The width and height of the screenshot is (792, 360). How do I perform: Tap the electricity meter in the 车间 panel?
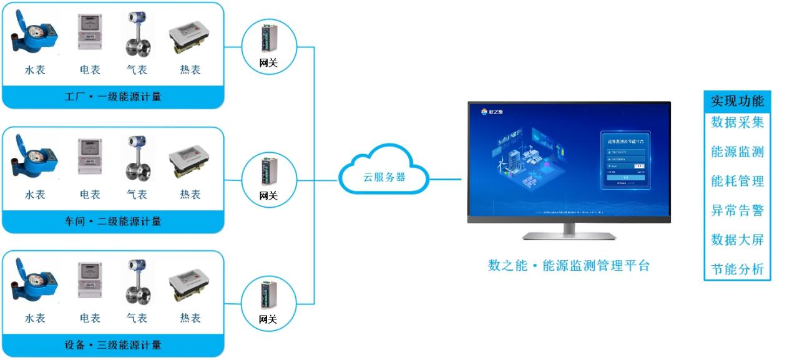coord(90,157)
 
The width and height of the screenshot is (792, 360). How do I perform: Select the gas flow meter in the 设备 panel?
coord(136,282)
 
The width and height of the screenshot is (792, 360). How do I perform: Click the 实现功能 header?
coord(737,101)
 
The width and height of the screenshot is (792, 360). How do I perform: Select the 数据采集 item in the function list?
coord(737,122)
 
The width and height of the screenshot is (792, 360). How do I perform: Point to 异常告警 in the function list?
coord(737,210)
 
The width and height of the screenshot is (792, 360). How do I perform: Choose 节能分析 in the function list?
coord(737,270)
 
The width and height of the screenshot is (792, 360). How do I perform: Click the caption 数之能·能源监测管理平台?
coord(569,266)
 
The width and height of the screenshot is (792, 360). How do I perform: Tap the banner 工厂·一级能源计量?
coord(113,97)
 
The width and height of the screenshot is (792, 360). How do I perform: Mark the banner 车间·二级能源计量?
coord(113,221)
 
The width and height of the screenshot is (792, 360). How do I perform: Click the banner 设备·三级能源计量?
coord(113,345)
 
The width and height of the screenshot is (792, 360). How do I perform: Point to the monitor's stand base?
coord(569,236)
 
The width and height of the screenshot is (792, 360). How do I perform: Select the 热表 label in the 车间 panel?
coord(190,195)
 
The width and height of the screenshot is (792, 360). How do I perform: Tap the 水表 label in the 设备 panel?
coord(35,318)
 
